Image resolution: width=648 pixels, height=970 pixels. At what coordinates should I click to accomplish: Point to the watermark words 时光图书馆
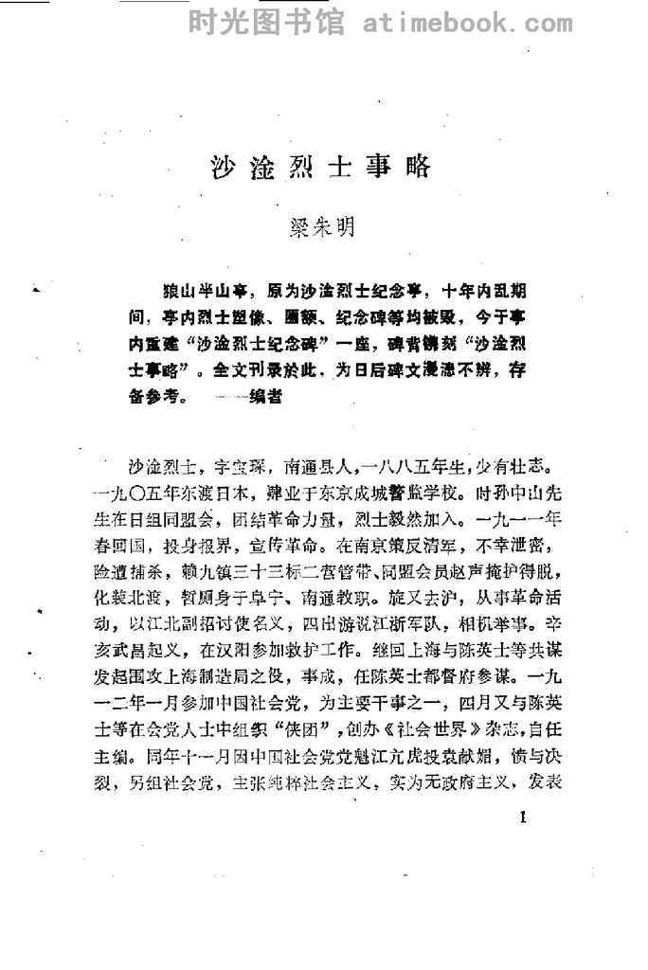click(267, 21)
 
